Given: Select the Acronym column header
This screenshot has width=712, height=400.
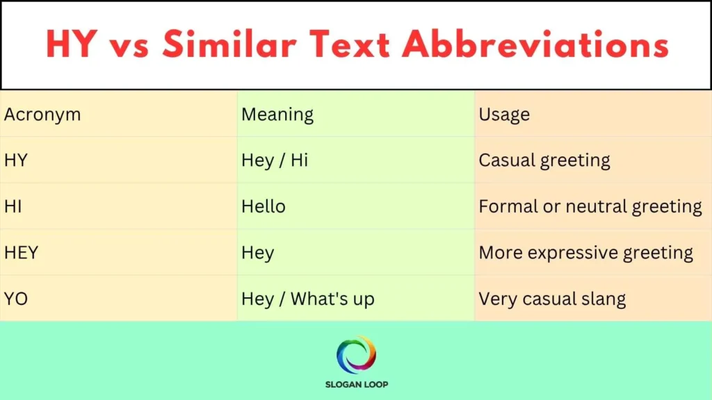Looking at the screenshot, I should coord(42,115).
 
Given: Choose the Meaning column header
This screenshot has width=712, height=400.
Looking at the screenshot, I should coord(277,115).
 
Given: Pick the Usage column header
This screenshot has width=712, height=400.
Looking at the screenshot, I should coord(504,115).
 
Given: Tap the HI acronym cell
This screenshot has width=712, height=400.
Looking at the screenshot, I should coord(13,206).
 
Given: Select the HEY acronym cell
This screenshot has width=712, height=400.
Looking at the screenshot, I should coord(21,253).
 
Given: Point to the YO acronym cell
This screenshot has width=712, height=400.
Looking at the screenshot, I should coord(15,299).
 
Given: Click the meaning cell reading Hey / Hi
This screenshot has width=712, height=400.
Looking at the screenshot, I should coord(275,160).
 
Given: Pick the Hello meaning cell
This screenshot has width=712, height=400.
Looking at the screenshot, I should coord(264,206).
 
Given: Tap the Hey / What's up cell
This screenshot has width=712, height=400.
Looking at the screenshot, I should coord(308,299).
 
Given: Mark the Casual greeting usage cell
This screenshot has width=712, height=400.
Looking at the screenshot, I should coord(544,160).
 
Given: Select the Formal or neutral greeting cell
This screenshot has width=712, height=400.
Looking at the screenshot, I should coord(590,206).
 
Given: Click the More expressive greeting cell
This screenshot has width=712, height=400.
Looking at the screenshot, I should coord(586,253).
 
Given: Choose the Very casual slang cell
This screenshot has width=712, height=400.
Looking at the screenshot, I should coord(552,299).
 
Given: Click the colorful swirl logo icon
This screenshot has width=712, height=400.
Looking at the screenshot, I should coord(356,355).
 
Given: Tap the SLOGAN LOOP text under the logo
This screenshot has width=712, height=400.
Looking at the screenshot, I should coord(356,383).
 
